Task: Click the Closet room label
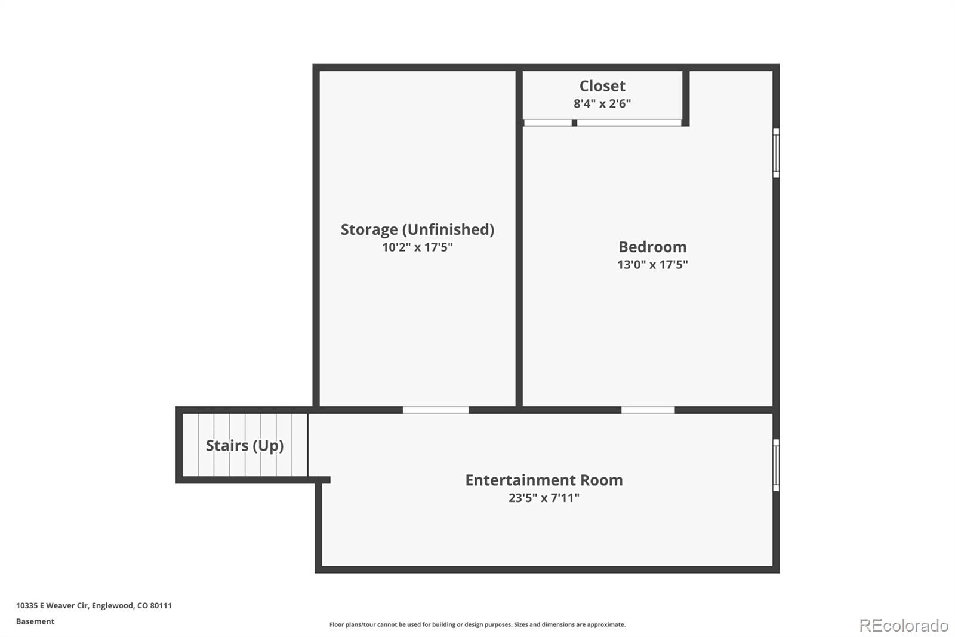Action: point(602,86)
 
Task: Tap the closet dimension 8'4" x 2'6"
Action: point(602,104)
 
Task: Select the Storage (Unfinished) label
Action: point(417,229)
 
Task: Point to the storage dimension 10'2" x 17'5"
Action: point(417,247)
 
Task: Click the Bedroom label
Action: point(652,247)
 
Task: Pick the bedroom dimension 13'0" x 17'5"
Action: point(652,265)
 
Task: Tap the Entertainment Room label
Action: point(544,480)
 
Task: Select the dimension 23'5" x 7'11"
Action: point(544,498)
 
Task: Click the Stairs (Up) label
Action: point(245,446)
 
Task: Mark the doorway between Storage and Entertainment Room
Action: point(436,410)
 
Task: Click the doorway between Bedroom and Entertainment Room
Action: point(648,410)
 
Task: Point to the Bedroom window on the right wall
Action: point(776,153)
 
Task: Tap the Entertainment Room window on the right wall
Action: point(776,465)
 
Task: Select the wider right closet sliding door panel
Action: point(629,123)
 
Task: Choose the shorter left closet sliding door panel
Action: point(548,123)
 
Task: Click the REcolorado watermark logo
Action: point(904,626)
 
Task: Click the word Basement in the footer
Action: point(35,621)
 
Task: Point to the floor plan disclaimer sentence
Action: point(478,624)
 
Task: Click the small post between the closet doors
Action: point(574,123)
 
